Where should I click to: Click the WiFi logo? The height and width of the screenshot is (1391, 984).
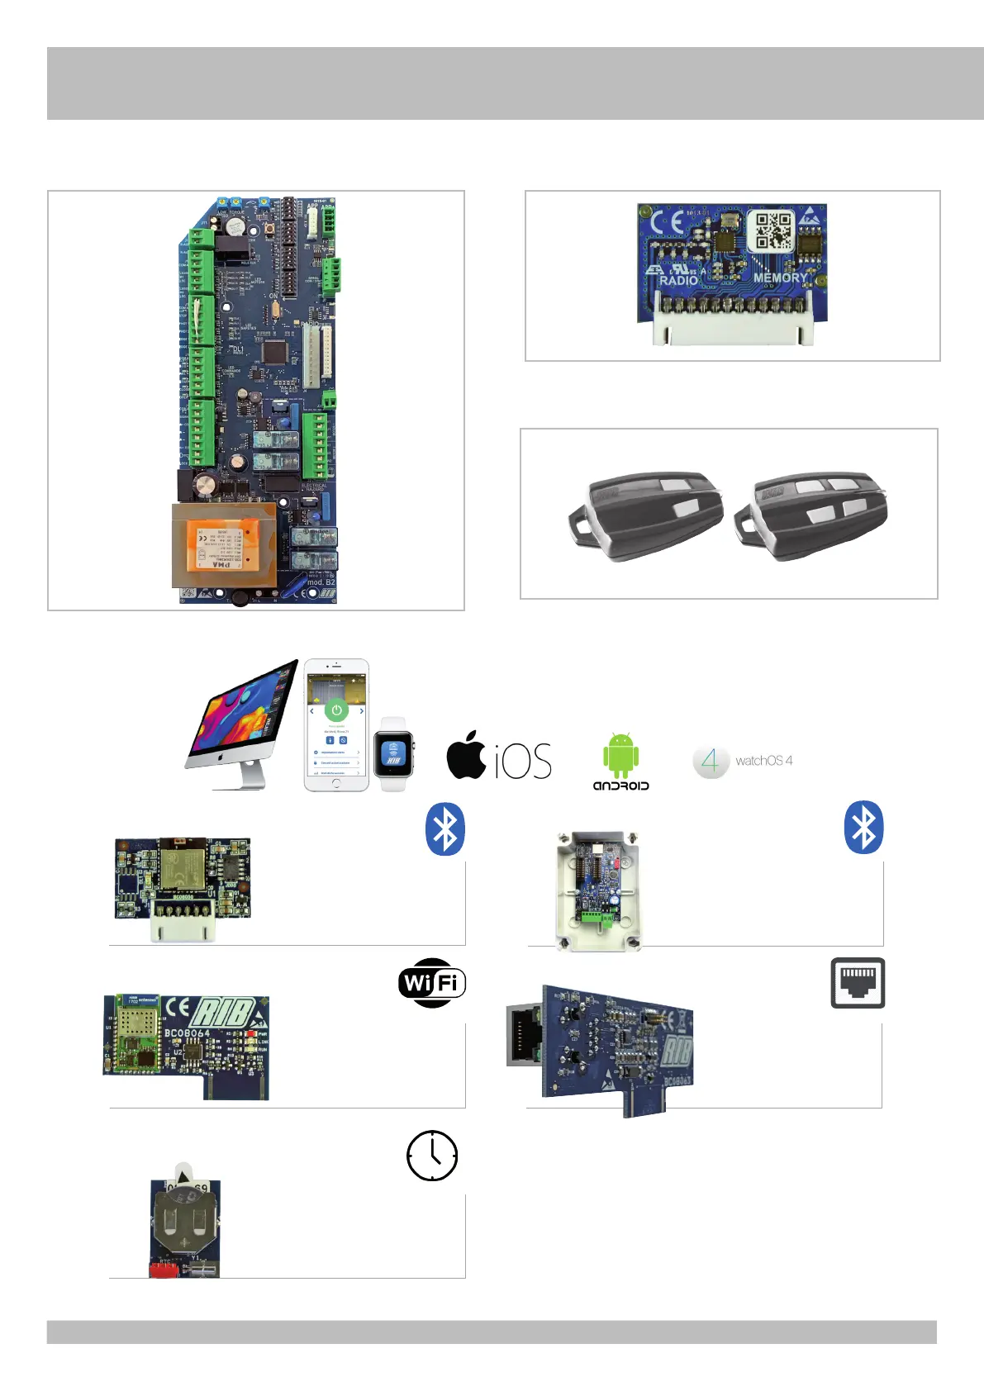tap(432, 983)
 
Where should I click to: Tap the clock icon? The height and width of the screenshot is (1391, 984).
tap(432, 1156)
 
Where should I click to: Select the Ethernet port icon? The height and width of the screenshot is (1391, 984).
tap(858, 983)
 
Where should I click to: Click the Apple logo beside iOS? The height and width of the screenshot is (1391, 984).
tap(467, 755)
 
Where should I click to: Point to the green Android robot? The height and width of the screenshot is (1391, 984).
tap(620, 753)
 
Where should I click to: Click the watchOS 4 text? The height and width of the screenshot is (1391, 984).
tap(763, 761)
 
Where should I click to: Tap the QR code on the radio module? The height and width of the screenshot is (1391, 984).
tap(772, 231)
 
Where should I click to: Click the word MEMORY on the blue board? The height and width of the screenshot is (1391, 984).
tap(780, 278)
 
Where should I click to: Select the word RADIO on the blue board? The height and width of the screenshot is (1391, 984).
tap(679, 281)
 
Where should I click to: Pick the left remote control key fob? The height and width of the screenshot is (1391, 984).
tap(646, 515)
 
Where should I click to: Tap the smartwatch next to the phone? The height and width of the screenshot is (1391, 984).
tap(393, 754)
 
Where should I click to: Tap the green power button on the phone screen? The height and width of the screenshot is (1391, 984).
tap(336, 710)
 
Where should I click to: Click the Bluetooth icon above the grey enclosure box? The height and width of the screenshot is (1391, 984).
tap(863, 828)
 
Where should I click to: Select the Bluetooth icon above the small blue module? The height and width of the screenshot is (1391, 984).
tap(445, 828)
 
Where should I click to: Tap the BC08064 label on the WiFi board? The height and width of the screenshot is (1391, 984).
tap(188, 1033)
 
